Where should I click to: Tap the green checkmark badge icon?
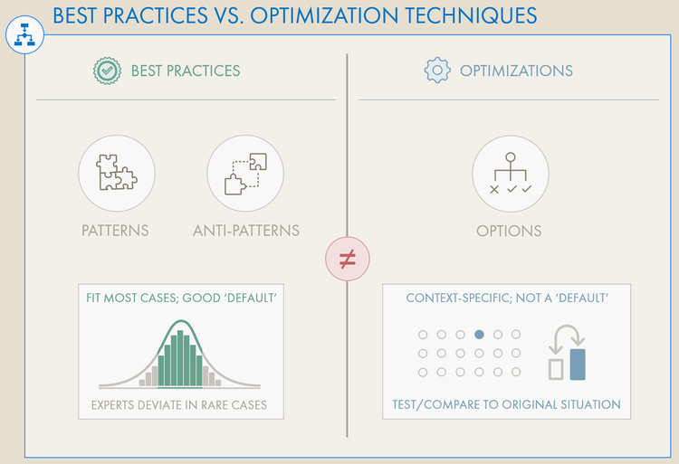pos(107,71)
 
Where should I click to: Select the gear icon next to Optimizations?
pos(437,71)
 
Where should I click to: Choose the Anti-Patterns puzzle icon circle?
pos(245,172)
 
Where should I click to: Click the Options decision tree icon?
pos(510,172)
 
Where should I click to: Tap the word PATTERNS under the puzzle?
pos(115,231)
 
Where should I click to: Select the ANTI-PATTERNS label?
pos(245,231)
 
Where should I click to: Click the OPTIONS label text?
pos(509,231)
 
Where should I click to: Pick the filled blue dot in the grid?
pos(479,335)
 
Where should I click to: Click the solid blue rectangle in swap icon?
pos(578,364)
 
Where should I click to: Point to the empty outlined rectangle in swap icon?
pos(556,367)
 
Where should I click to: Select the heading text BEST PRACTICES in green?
pos(186,71)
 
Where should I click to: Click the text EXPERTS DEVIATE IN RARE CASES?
pos(179,404)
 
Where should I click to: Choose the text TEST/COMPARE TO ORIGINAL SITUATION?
pos(506,404)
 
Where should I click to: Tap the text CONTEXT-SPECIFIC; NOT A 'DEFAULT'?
pos(506,298)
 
